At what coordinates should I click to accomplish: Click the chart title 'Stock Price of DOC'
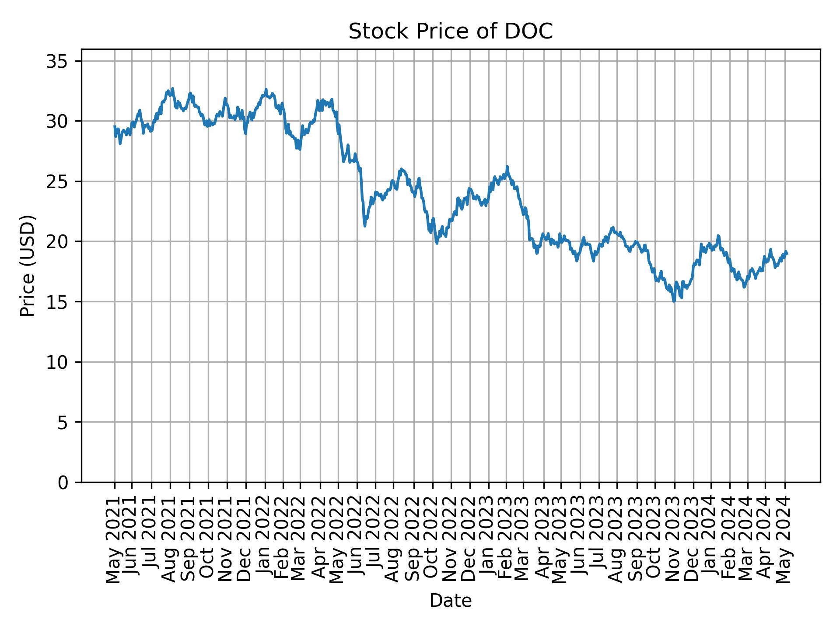[x=450, y=31]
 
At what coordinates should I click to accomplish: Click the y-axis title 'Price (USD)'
[x=28, y=266]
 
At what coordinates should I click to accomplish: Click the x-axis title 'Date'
[x=450, y=601]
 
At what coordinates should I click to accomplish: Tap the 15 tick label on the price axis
[x=56, y=302]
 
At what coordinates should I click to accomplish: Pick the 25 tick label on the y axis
[x=56, y=182]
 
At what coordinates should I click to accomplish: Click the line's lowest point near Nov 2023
[x=674, y=301]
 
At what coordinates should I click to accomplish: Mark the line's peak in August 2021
[x=173, y=88]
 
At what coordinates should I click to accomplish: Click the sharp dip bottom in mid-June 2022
[x=365, y=226]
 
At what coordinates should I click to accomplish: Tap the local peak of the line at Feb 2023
[x=507, y=167]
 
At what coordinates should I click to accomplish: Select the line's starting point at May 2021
[x=115, y=126]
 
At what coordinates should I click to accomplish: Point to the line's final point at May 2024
[x=787, y=254]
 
